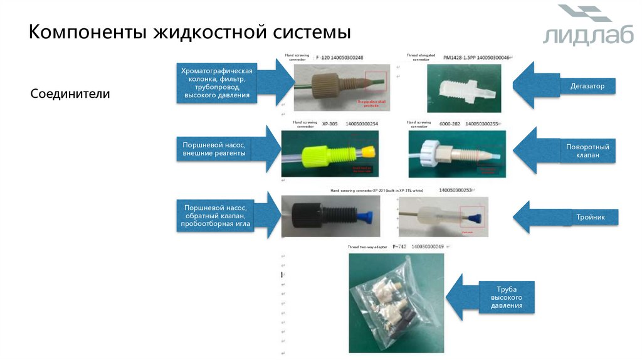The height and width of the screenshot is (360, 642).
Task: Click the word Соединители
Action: click(70, 94)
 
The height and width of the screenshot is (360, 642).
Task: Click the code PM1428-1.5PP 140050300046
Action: click(476, 58)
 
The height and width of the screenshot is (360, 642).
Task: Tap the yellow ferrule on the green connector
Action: click(369, 152)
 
